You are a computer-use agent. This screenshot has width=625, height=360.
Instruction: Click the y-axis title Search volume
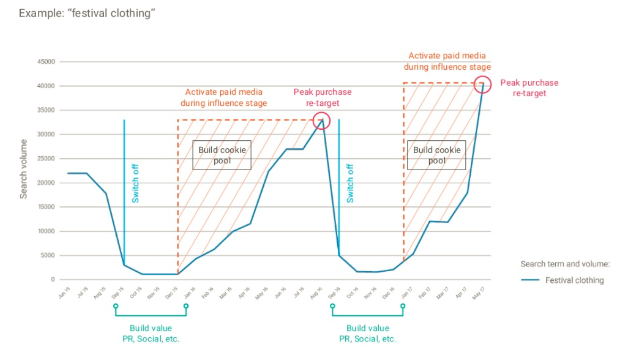click(x=24, y=169)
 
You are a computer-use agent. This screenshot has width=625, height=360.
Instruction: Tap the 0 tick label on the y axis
click(x=53, y=280)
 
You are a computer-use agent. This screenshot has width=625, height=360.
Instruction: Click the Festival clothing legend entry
click(x=574, y=280)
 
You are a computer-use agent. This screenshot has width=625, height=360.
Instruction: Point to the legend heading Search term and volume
click(x=564, y=264)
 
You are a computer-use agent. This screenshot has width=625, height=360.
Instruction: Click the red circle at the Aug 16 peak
click(x=321, y=120)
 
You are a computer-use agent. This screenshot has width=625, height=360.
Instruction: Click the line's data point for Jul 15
click(x=87, y=173)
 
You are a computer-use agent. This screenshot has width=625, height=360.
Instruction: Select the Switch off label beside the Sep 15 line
click(x=136, y=183)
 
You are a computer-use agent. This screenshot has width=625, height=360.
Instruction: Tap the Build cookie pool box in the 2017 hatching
click(x=436, y=155)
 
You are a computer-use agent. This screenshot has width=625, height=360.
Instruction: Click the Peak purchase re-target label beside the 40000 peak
click(x=529, y=88)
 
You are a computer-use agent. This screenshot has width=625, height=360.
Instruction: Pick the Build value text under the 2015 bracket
click(x=151, y=328)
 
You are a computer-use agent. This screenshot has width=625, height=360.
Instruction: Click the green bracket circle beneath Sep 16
click(x=332, y=306)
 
